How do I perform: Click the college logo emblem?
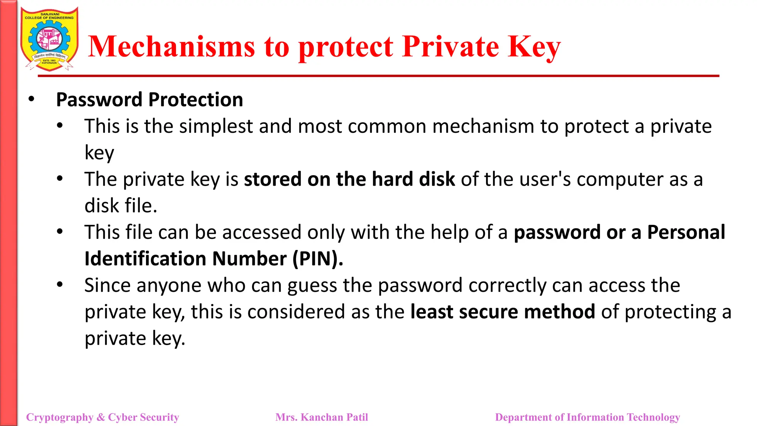click(x=49, y=39)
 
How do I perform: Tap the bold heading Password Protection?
click(x=149, y=100)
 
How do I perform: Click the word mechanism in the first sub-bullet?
click(x=483, y=126)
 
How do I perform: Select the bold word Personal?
click(x=686, y=232)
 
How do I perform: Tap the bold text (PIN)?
click(x=318, y=259)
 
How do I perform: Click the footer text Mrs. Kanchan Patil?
click(x=322, y=417)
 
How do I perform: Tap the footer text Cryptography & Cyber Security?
click(x=102, y=417)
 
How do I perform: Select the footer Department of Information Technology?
click(x=587, y=417)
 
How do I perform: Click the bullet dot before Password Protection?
click(x=31, y=99)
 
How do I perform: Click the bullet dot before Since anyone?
click(x=60, y=285)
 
